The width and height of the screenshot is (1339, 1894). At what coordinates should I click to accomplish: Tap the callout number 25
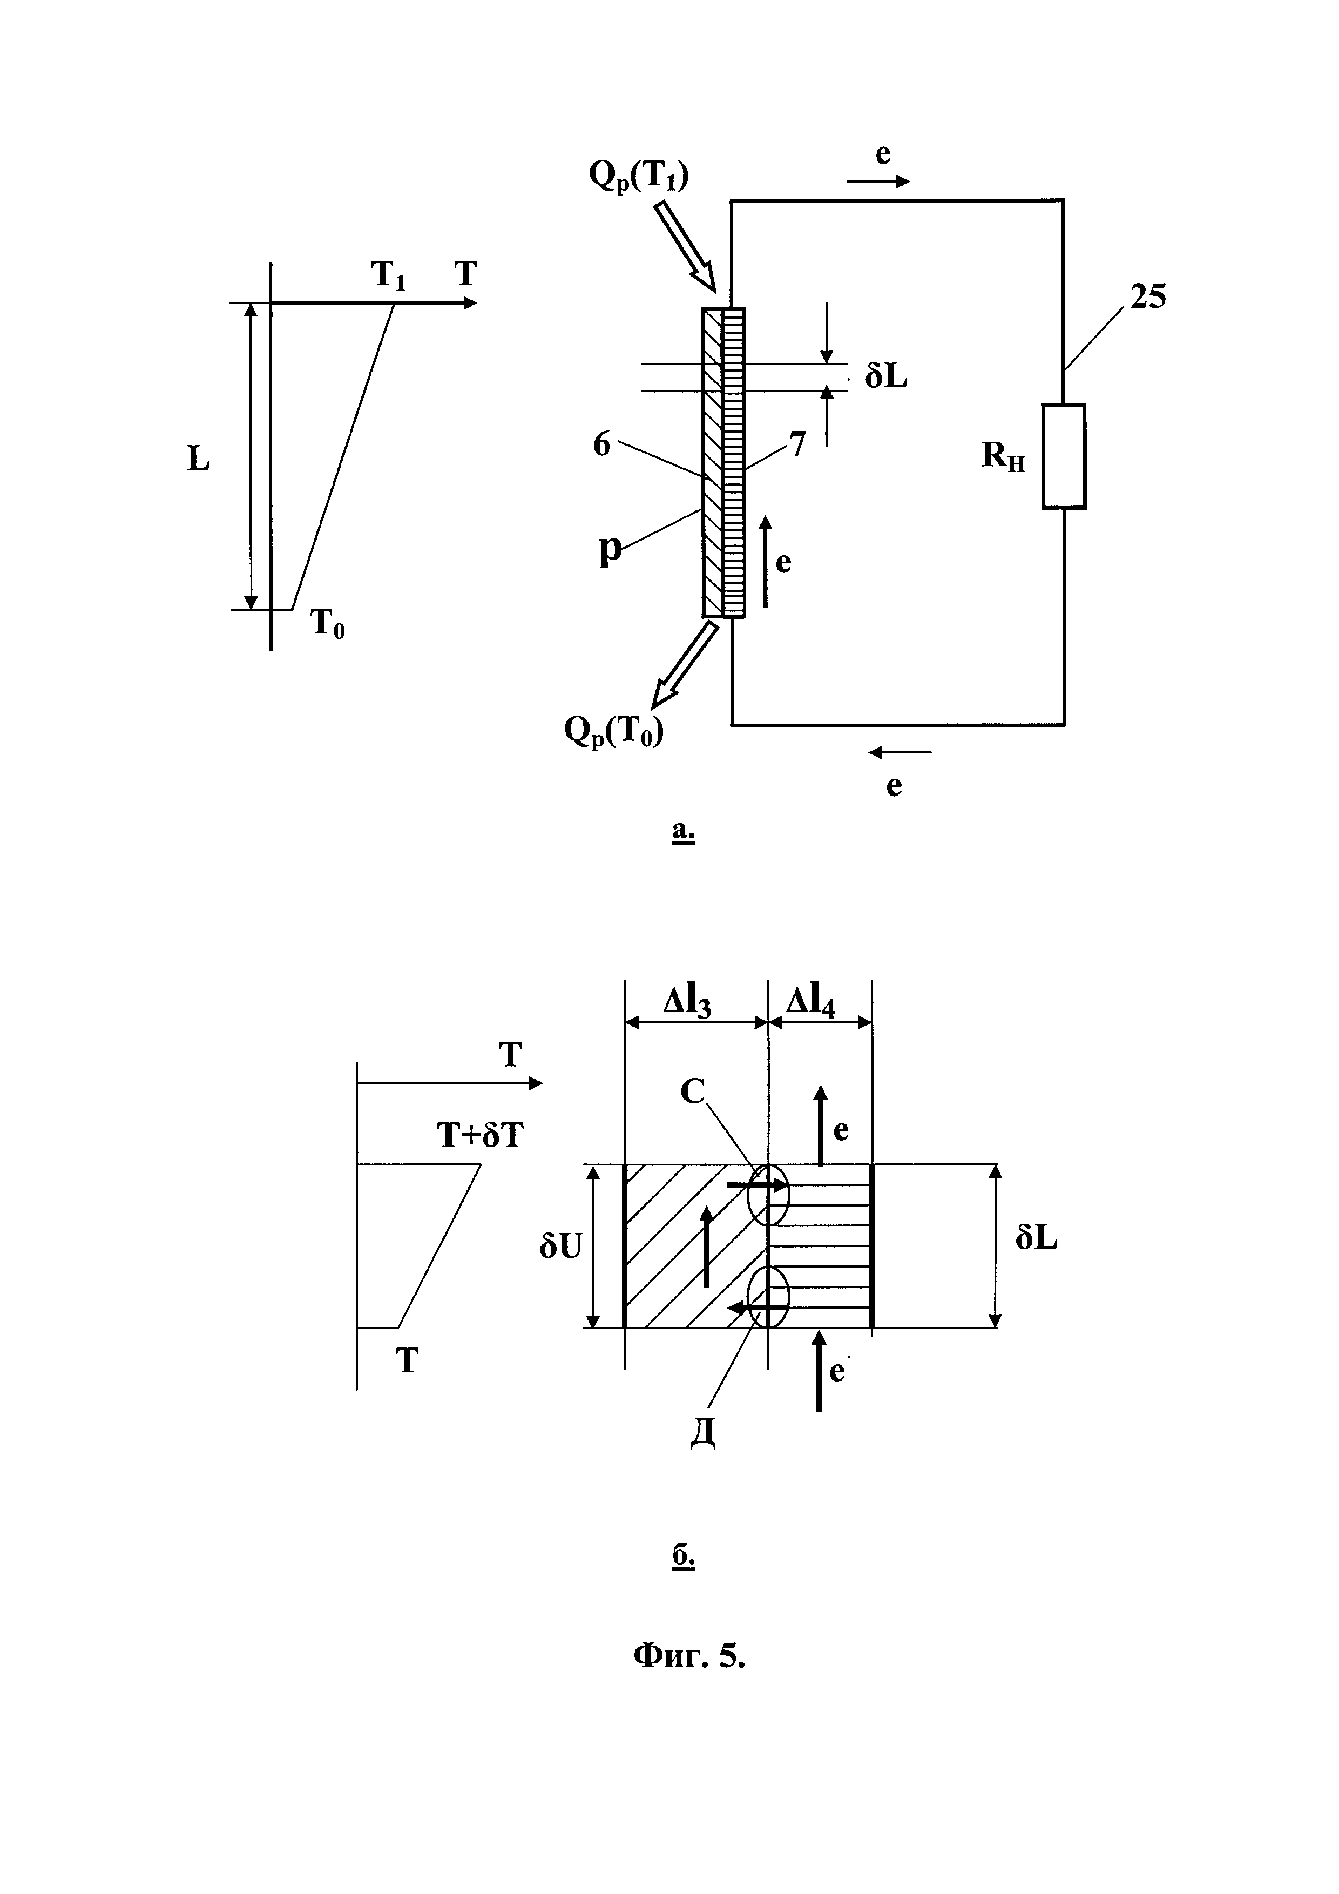pyautogui.click(x=1148, y=297)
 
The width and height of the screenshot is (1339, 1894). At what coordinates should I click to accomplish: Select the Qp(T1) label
pyautogui.click(x=639, y=175)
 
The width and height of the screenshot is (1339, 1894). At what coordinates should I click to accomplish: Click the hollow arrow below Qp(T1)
pyautogui.click(x=686, y=247)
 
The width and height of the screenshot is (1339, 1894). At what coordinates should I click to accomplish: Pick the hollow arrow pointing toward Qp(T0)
pyautogui.click(x=684, y=664)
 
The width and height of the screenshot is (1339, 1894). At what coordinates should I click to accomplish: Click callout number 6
pyautogui.click(x=602, y=444)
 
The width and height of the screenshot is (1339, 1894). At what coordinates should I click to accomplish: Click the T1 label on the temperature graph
pyautogui.click(x=389, y=275)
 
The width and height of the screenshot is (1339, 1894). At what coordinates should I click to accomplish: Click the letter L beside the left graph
pyautogui.click(x=199, y=459)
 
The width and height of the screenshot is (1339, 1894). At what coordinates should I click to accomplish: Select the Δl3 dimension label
pyautogui.click(x=688, y=1003)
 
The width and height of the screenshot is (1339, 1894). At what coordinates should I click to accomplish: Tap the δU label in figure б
pyautogui.click(x=560, y=1246)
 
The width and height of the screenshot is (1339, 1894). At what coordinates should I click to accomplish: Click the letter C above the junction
pyautogui.click(x=693, y=1092)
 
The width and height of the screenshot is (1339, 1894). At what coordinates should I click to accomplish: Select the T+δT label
pyautogui.click(x=480, y=1136)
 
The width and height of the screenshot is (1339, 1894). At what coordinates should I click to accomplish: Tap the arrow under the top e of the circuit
pyautogui.click(x=879, y=181)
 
